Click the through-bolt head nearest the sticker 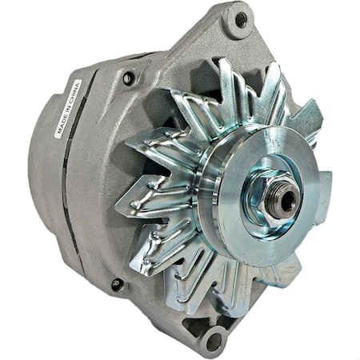pos(128,78)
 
